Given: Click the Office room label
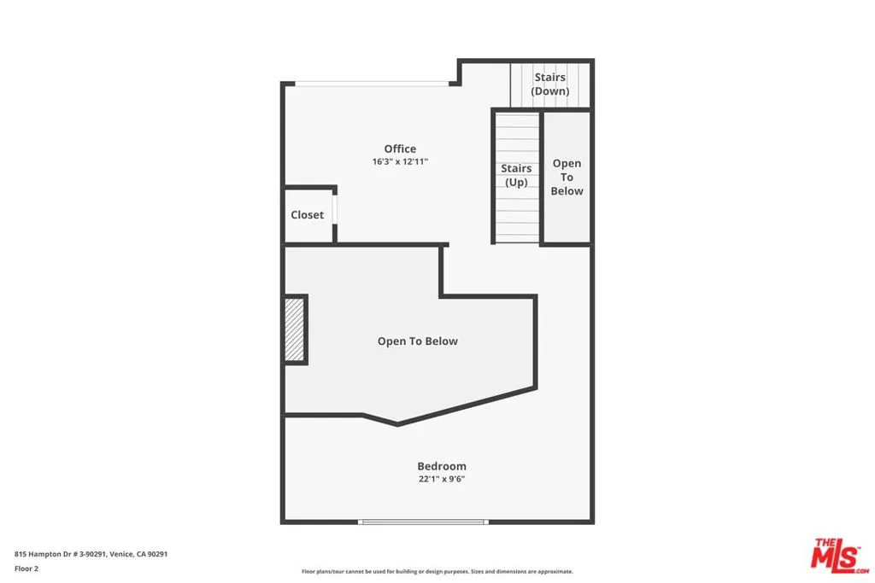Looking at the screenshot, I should pyautogui.click(x=400, y=149).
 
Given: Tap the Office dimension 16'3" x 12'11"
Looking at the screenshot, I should pyautogui.click(x=400, y=161).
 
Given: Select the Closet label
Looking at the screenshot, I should pyautogui.click(x=307, y=215).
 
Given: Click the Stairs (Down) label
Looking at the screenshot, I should pyautogui.click(x=550, y=85).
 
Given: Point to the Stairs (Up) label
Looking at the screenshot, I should pyautogui.click(x=516, y=175).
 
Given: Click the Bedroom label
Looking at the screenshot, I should pyautogui.click(x=442, y=466).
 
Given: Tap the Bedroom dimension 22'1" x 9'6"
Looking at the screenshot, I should pyautogui.click(x=442, y=479).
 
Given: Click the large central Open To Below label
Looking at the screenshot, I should pyautogui.click(x=417, y=341).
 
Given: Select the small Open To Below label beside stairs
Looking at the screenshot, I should pyautogui.click(x=567, y=177).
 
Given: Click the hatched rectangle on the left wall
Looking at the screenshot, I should pyautogui.click(x=295, y=329).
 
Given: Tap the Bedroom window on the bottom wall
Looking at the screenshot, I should pyautogui.click(x=423, y=522).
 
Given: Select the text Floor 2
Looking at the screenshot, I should pyautogui.click(x=26, y=568).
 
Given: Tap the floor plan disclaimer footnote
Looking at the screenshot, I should pyautogui.click(x=437, y=572).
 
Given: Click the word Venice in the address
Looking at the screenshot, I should pyautogui.click(x=120, y=554).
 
